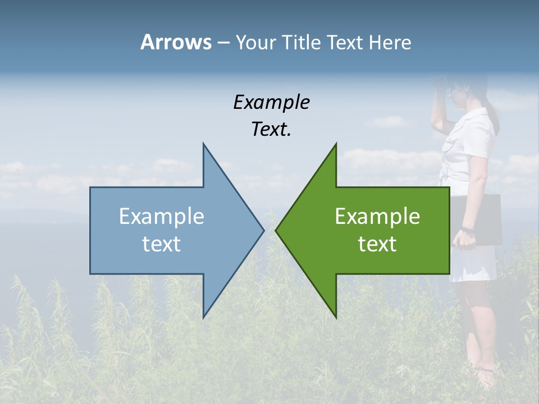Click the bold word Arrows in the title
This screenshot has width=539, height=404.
176,42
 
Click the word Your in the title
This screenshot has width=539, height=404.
255,43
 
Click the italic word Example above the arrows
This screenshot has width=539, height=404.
271,103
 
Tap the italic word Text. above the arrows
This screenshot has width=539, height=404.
271,130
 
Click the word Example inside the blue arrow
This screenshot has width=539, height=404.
162,217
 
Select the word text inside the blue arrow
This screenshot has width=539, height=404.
162,244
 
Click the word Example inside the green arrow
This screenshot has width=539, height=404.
377,217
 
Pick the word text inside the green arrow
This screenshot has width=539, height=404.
377,244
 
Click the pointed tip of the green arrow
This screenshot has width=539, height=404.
276,230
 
